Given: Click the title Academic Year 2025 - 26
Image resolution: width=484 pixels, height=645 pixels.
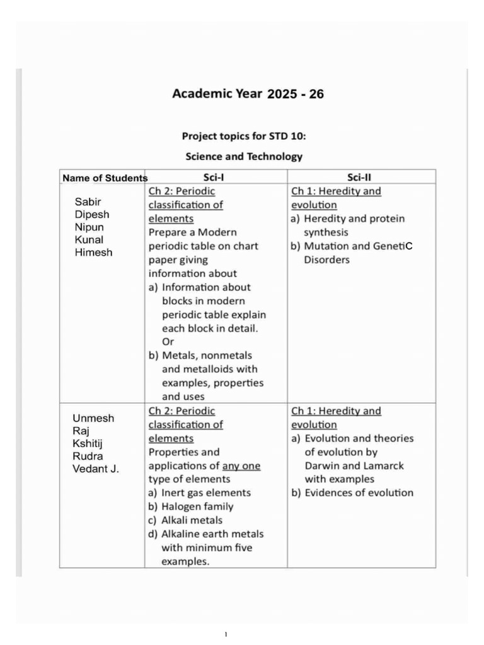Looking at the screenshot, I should (248, 94).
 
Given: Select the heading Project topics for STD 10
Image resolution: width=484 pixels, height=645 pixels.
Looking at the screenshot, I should (244, 136).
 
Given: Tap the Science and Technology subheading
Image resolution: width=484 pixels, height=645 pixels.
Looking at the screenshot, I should (244, 156).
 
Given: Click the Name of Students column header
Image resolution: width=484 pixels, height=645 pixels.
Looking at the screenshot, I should (105, 178).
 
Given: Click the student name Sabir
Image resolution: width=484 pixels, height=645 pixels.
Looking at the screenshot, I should (88, 202).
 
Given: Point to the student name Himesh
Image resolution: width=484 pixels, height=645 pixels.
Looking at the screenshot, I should (93, 253).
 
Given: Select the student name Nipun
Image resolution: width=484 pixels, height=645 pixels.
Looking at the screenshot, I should (89, 227).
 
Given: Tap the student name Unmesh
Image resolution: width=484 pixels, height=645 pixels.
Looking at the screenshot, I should (93, 419).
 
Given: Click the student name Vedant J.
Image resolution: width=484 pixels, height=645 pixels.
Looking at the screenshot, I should (96, 469).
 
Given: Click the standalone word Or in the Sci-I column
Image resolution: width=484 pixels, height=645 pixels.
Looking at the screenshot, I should (168, 342).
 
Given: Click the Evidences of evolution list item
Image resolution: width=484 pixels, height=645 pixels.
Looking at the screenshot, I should (352, 493).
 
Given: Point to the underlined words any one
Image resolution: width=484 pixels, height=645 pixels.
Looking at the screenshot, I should (241, 466).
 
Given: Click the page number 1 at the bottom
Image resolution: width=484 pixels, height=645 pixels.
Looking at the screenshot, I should (226, 634).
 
